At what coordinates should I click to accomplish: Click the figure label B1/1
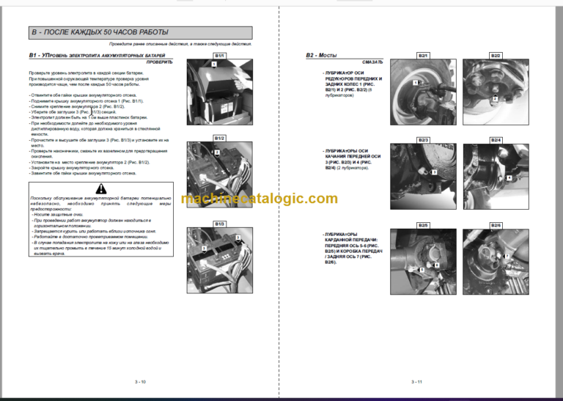219,56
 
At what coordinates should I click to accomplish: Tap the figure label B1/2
219,138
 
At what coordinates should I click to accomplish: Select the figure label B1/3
219,223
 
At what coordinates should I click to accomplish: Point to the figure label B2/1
423,56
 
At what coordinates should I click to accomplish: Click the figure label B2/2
495,56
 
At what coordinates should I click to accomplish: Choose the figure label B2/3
423,139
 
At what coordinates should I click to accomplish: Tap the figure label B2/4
495,139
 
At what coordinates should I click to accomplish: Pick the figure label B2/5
423,225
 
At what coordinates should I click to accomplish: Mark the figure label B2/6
495,225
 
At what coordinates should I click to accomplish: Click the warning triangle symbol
100,189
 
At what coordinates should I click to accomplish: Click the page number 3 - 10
139,381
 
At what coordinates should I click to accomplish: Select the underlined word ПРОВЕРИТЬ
159,63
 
